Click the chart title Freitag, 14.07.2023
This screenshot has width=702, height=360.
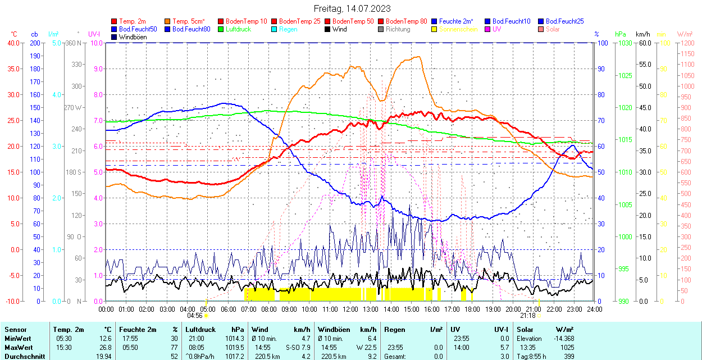tap(352, 8)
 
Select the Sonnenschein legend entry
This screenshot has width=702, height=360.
tap(458, 29)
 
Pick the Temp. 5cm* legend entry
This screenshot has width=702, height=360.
tap(189, 21)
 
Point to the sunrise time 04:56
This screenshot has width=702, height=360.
tap(194, 316)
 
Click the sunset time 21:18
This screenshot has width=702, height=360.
tap(527, 316)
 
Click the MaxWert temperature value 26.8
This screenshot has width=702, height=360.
tap(105, 347)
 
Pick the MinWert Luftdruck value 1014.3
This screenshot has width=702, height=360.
tap(235, 339)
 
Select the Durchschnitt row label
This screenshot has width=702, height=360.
tap(24, 356)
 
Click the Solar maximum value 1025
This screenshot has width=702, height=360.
tap(567, 347)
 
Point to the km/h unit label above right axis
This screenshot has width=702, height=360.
tap(643, 34)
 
